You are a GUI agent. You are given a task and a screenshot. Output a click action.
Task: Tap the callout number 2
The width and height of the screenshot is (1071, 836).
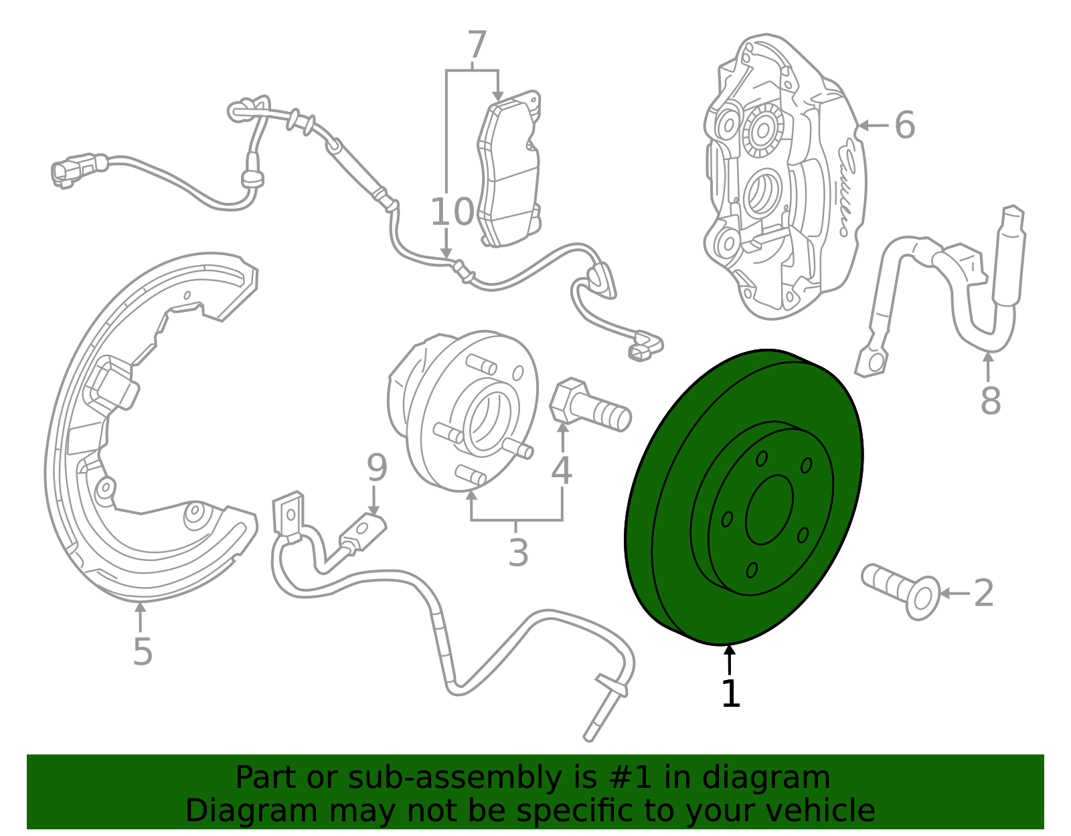984,593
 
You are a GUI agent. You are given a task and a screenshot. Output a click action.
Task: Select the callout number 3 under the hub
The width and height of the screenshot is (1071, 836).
518,553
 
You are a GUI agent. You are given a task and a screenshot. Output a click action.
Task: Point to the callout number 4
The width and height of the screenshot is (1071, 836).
562,471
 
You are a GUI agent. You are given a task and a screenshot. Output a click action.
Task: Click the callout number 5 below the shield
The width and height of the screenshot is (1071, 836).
143,652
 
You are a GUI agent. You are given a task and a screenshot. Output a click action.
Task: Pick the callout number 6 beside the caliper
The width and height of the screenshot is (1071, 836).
905,125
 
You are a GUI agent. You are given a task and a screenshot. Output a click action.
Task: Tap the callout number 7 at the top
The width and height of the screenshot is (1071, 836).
477,46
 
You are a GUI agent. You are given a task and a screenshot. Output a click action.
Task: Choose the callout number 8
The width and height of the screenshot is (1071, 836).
991,401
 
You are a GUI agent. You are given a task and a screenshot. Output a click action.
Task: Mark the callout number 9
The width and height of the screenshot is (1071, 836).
377,468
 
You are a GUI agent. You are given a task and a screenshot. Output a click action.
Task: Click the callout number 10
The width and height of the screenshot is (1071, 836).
452,212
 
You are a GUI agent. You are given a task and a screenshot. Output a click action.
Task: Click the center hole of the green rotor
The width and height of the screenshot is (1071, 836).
770,510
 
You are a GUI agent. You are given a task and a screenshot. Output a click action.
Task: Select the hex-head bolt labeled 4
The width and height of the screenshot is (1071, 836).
590,405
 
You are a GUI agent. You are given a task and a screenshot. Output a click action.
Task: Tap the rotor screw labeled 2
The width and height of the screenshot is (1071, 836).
901,591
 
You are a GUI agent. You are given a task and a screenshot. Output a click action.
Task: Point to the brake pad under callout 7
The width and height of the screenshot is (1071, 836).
509,169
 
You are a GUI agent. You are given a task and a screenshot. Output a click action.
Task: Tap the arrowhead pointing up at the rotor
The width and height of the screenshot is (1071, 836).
730,651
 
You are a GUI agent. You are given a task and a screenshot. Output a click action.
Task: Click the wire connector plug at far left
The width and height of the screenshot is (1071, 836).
79,170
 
